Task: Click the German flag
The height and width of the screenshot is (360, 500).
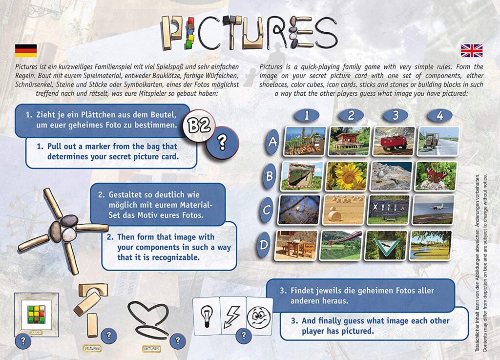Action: (x=26, y=50)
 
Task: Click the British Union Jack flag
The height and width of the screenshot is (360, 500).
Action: (x=471, y=50)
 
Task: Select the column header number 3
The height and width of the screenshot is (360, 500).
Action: (x=395, y=116)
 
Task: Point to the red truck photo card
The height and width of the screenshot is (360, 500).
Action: (x=393, y=141)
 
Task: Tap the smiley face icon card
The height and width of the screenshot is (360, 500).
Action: (x=259, y=316)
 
